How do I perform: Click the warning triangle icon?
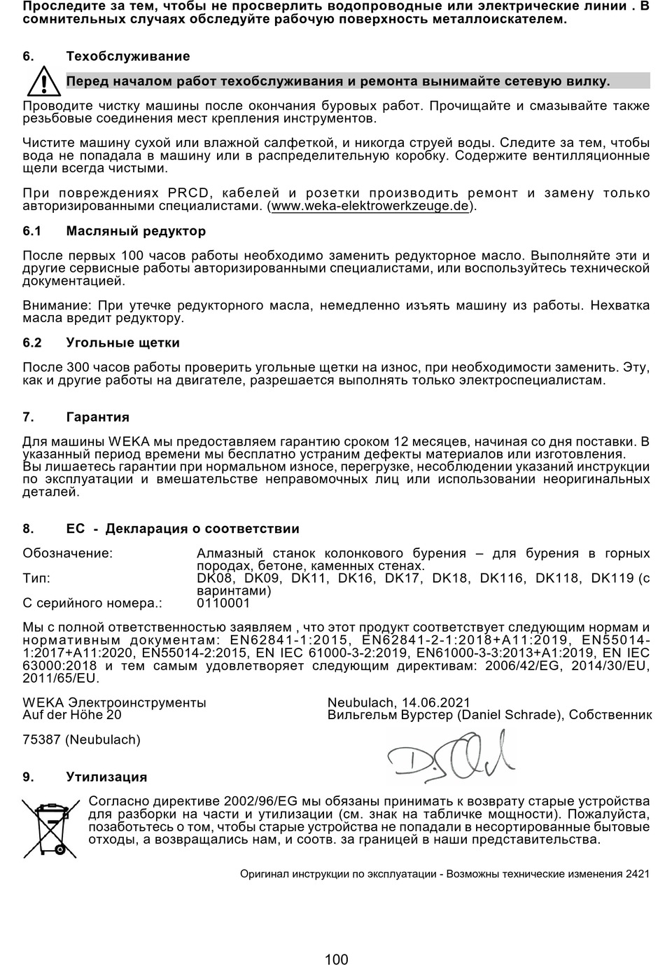(x=43, y=82)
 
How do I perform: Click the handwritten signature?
(x=450, y=756)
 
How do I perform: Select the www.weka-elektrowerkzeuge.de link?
(x=370, y=207)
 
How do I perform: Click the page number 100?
(x=337, y=959)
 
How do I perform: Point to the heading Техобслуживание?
(x=128, y=56)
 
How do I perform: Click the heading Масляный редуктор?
(x=136, y=231)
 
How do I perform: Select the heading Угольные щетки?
(x=123, y=343)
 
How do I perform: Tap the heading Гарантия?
(x=98, y=417)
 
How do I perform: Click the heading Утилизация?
(x=106, y=777)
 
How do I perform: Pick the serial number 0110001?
(x=223, y=603)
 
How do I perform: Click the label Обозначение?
(x=68, y=553)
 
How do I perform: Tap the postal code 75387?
(x=42, y=740)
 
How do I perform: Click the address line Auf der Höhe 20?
(x=72, y=715)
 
